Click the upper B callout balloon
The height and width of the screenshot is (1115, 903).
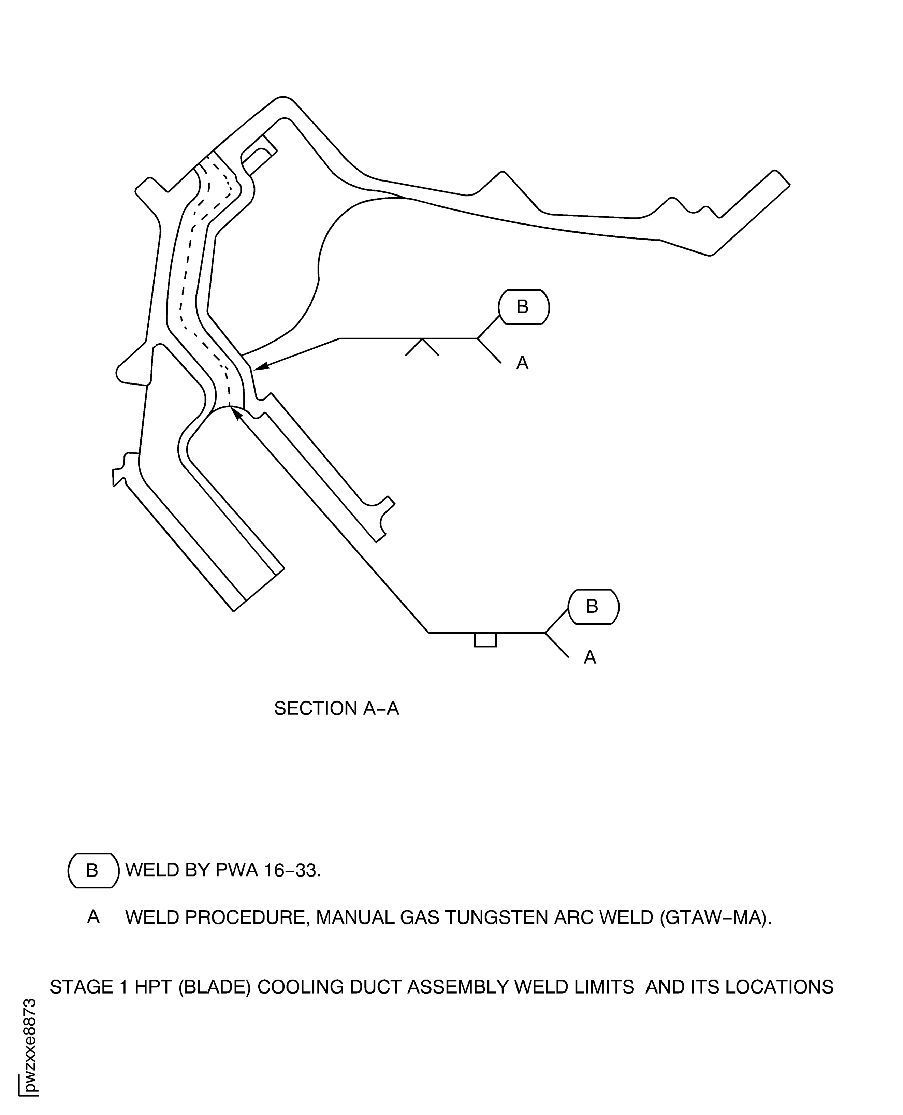tap(523, 307)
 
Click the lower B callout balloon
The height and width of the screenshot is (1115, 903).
tap(593, 606)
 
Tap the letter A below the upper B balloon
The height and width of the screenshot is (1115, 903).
tap(522, 363)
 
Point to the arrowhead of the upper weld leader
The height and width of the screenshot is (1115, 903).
tap(259, 367)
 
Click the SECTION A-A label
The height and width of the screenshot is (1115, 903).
tap(337, 709)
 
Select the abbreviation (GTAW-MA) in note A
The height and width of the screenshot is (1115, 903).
tap(715, 917)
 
